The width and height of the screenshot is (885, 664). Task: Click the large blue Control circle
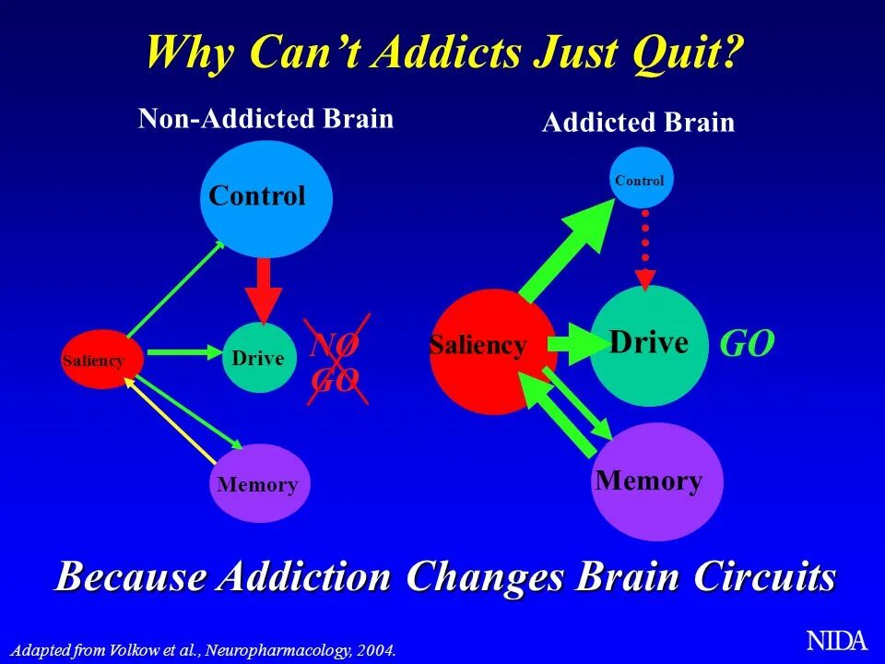tap(265, 199)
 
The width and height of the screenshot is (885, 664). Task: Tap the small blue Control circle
tap(640, 178)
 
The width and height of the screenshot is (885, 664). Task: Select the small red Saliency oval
tap(102, 360)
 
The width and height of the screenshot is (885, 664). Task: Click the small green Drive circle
tap(259, 359)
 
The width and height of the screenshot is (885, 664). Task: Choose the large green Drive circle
tap(649, 346)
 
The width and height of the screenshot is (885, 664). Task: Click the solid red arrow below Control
tap(264, 290)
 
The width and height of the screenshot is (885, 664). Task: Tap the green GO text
tap(747, 345)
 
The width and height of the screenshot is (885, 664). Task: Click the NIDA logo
tap(837, 640)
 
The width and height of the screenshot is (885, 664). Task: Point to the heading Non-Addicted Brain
tap(265, 119)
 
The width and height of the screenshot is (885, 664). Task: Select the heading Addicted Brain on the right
tap(638, 124)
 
